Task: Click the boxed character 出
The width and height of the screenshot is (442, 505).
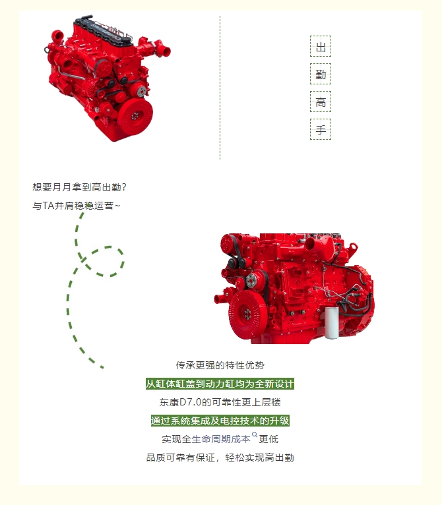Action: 321,46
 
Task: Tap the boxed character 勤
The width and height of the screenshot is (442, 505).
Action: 321,74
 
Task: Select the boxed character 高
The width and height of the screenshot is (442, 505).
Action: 321,102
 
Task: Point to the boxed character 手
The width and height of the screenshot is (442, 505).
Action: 321,129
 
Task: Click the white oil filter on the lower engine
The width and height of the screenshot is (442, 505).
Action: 331,322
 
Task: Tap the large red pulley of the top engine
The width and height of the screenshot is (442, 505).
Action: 135,115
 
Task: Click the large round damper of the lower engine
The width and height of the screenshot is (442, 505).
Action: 247,314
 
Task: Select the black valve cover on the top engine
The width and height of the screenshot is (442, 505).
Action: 103,31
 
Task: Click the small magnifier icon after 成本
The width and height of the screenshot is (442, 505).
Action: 255,435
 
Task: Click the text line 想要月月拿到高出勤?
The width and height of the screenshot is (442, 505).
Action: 79,187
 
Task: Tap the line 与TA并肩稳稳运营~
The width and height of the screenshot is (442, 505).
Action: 77,206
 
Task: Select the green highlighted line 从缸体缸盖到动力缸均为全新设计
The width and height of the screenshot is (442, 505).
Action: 220,384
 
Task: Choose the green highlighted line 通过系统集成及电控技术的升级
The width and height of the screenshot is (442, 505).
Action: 220,421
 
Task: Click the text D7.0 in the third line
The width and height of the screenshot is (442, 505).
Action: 190,402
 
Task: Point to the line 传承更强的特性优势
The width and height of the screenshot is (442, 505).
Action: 220,365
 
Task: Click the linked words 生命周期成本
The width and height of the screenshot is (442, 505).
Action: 221,439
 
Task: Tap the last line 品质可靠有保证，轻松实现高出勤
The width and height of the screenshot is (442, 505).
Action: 220,458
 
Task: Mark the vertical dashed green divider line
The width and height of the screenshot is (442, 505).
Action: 220,88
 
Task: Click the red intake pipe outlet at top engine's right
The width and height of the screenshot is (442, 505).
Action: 165,50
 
